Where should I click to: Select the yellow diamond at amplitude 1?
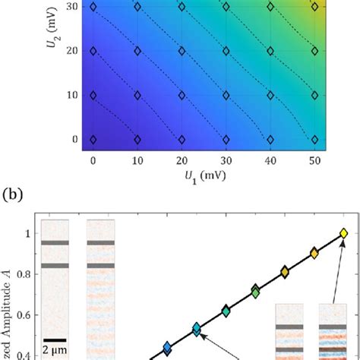tap(343, 233)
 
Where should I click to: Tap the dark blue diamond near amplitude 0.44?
tap(167, 348)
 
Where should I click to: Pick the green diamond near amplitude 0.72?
tap(256, 291)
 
